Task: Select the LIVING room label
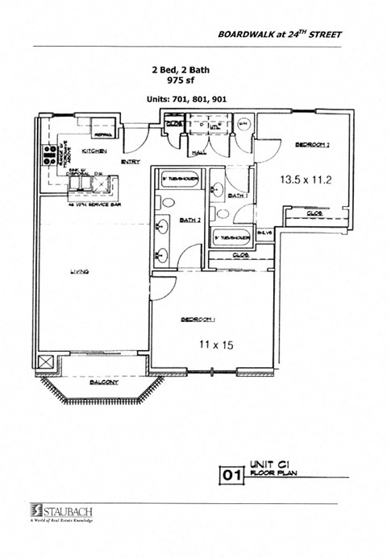point(78,272)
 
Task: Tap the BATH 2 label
point(190,219)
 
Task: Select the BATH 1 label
point(237,196)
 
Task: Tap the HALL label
point(197,152)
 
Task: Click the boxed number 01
point(231,476)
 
